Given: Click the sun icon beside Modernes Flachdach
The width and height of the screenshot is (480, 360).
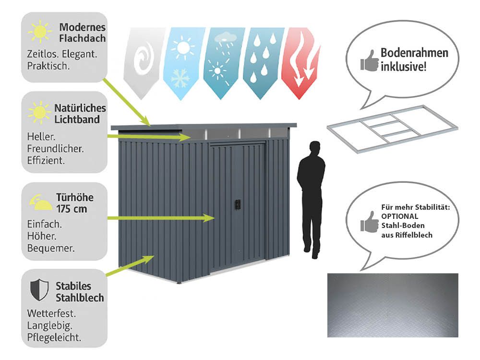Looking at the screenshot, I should point(40,32).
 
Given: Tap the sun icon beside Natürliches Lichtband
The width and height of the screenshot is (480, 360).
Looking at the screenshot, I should point(40,112).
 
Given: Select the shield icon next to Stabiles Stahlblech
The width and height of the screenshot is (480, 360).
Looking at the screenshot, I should point(39,290).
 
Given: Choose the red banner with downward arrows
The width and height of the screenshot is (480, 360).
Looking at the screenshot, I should point(300,60).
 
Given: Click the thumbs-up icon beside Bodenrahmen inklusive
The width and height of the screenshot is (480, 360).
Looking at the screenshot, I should point(370,61).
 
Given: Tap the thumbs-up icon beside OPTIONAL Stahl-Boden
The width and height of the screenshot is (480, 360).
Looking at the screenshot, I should point(370,222).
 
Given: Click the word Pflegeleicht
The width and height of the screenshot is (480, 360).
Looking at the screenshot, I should point(54,336).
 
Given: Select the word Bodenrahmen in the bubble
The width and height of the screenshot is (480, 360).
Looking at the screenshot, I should point(414,53).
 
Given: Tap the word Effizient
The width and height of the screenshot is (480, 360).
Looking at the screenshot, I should point(46,159).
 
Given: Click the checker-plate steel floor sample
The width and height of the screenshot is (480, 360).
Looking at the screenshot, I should point(392,305).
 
